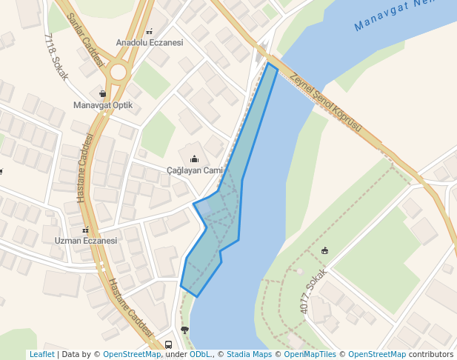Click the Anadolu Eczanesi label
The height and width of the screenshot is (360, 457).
coord(149,43)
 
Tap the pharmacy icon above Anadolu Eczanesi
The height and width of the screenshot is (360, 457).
coord(150,32)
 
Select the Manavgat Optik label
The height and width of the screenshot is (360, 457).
coord(103,105)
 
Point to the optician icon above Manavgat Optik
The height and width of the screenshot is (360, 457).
coord(102,94)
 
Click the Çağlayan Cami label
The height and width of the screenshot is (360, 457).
coord(195,170)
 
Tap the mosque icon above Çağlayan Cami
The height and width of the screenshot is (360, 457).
coord(195,159)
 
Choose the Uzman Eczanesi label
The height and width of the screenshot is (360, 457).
coord(86,241)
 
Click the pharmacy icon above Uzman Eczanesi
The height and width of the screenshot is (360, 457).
coord(86,230)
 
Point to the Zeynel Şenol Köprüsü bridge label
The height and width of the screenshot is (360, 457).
coord(326,102)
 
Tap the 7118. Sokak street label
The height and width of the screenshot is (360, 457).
coord(56,56)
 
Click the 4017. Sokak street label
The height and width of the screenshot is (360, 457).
coord(314,291)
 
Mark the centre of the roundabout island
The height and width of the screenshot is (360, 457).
coord(118,73)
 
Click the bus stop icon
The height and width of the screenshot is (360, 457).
coord(169,344)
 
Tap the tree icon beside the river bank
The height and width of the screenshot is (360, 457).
coord(184,330)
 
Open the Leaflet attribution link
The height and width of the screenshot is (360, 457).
coord(41,355)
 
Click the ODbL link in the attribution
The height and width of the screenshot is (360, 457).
coord(200,355)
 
